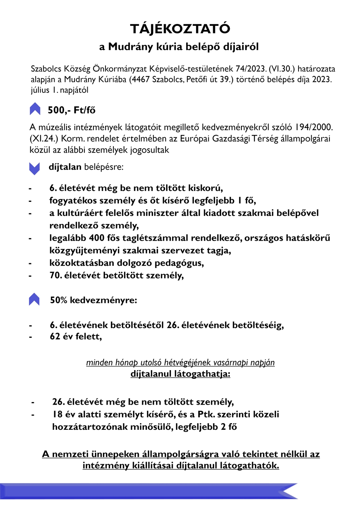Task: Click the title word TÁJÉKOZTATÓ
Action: (x=180, y=29)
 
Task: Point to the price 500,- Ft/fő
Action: (x=72, y=110)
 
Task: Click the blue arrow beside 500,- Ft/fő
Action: (x=35, y=109)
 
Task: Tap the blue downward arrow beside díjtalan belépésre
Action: (x=34, y=168)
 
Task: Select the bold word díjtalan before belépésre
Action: (x=65, y=167)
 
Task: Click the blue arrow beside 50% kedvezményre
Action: (x=34, y=299)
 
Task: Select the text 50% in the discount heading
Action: (x=59, y=300)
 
